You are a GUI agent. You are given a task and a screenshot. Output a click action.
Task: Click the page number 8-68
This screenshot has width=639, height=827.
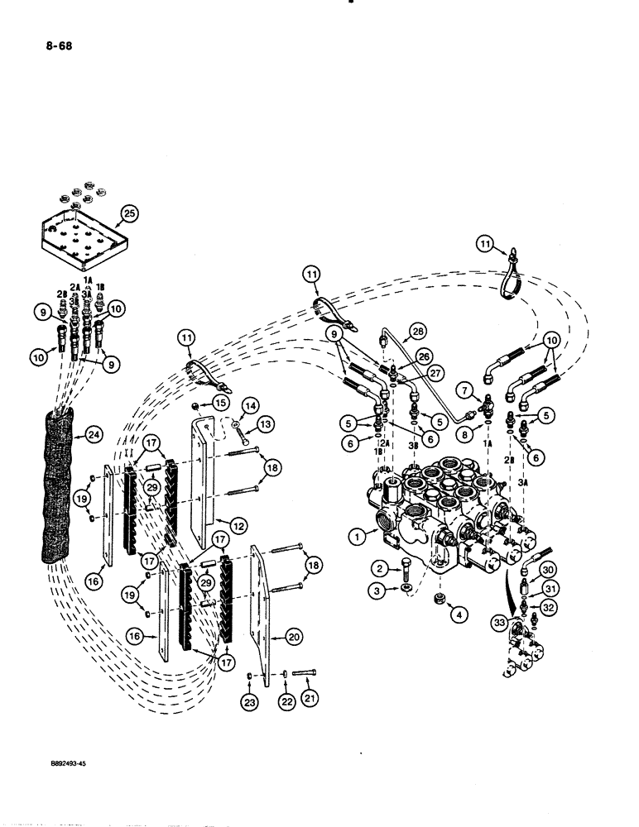(36, 46)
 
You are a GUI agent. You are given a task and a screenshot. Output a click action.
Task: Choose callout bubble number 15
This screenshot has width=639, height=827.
(219, 402)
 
